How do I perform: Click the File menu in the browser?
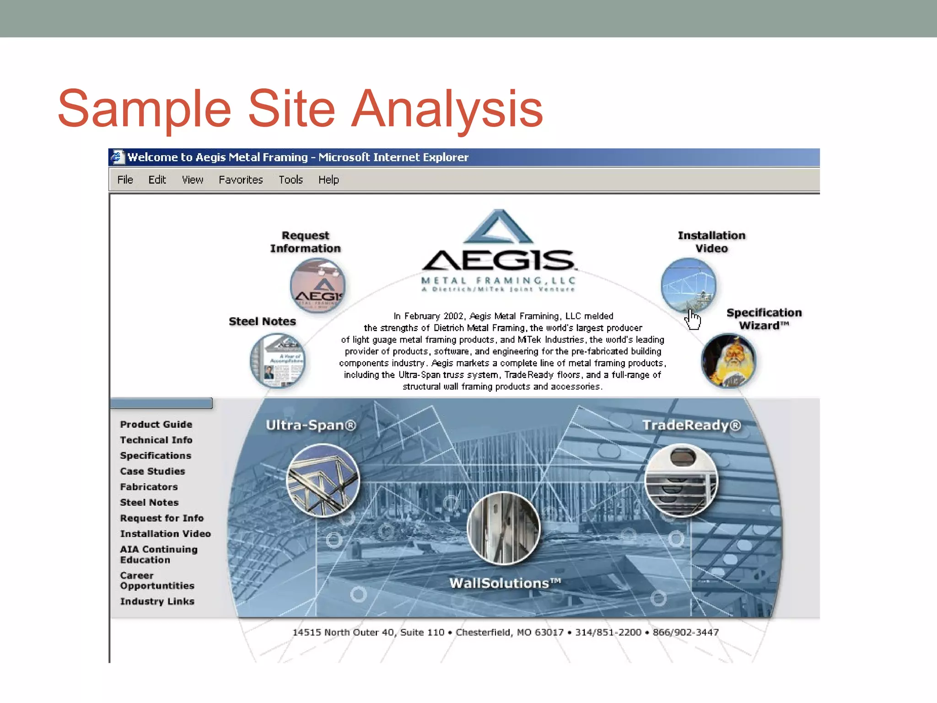125,180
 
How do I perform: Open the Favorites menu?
241,180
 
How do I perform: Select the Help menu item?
328,180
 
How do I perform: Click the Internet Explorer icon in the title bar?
118,157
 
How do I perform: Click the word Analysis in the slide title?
447,109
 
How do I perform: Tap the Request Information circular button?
318,286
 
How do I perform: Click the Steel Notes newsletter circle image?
277,361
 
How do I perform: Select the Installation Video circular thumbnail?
688,286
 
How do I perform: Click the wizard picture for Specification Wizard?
728,361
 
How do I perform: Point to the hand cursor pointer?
693,319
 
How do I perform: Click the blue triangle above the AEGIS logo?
498,227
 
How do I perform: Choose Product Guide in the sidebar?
156,424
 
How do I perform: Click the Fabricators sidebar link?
149,487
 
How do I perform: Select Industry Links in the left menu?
157,601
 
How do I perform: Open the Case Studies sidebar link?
152,471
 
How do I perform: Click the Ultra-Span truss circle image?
323,481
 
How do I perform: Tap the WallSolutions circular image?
503,528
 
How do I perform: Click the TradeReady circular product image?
681,481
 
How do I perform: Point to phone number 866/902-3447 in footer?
685,633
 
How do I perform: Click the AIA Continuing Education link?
158,554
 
